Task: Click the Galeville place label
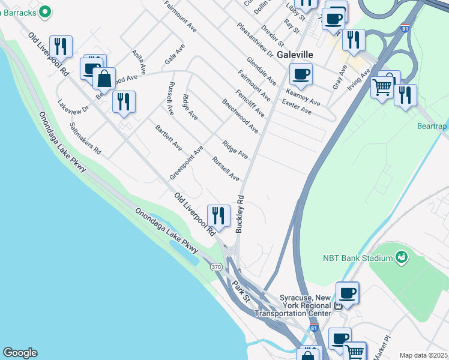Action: point(295,54)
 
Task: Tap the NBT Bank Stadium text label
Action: point(357,259)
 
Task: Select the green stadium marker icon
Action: point(402,258)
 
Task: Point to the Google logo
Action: point(20,353)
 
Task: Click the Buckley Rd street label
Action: point(241,213)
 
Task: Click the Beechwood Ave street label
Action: point(240,116)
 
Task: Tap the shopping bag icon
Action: point(104,78)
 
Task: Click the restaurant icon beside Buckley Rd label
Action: point(218,215)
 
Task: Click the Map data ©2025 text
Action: point(423,355)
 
